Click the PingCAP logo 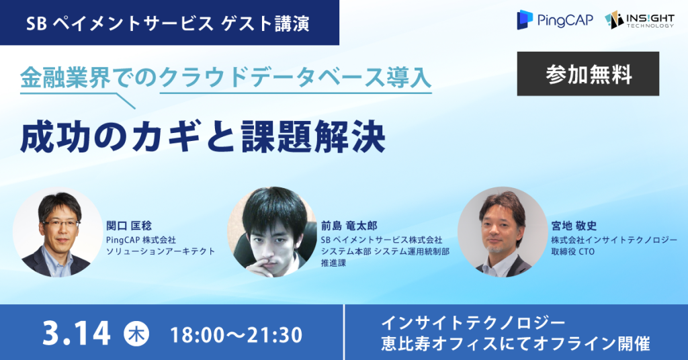[x=555, y=19]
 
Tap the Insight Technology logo [x=639, y=19]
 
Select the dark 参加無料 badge [x=588, y=74]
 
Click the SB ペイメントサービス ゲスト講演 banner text [x=167, y=24]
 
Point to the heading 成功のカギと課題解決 [x=203, y=136]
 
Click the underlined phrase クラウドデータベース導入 [x=296, y=78]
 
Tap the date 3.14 [x=77, y=334]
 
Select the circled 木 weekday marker [x=136, y=334]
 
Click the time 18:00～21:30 [x=236, y=335]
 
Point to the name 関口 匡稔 [x=129, y=226]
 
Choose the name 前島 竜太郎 [x=349, y=226]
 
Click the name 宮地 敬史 [x=574, y=226]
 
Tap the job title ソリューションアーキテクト [x=161, y=251]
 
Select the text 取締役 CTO [x=573, y=251]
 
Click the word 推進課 [x=333, y=263]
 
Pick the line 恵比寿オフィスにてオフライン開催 [x=515, y=343]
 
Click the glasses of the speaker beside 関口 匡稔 [x=60, y=223]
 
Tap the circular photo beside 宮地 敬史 [x=503, y=232]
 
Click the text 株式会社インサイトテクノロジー [x=614, y=240]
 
